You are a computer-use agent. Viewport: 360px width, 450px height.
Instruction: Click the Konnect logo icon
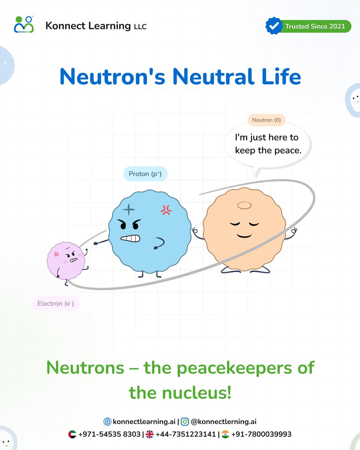coord(24,25)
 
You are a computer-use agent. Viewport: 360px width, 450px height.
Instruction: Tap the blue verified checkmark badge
coord(274,26)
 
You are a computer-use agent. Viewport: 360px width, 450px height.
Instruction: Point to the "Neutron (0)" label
coord(266,120)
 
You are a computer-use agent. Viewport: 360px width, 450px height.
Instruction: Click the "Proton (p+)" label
coord(145,174)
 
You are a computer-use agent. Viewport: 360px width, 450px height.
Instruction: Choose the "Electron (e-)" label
coord(55,303)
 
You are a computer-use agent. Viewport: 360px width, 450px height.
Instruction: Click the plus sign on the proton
coord(128,210)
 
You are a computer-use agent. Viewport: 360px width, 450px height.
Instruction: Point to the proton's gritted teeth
coord(130,238)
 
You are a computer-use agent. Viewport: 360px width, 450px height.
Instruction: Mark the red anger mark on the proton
coord(166,211)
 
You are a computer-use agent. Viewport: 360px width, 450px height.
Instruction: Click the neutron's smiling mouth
coord(244,235)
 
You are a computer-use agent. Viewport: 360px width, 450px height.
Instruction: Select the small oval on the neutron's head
coord(244,205)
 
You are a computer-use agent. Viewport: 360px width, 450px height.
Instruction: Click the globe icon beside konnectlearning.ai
coord(107,422)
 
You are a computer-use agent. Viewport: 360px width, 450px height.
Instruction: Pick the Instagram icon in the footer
coord(185,422)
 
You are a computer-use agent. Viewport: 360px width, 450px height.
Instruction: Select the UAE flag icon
coord(72,434)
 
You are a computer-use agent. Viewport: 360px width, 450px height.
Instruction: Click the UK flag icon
coord(150,434)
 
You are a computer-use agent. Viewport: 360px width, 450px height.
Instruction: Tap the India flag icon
coord(225,434)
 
